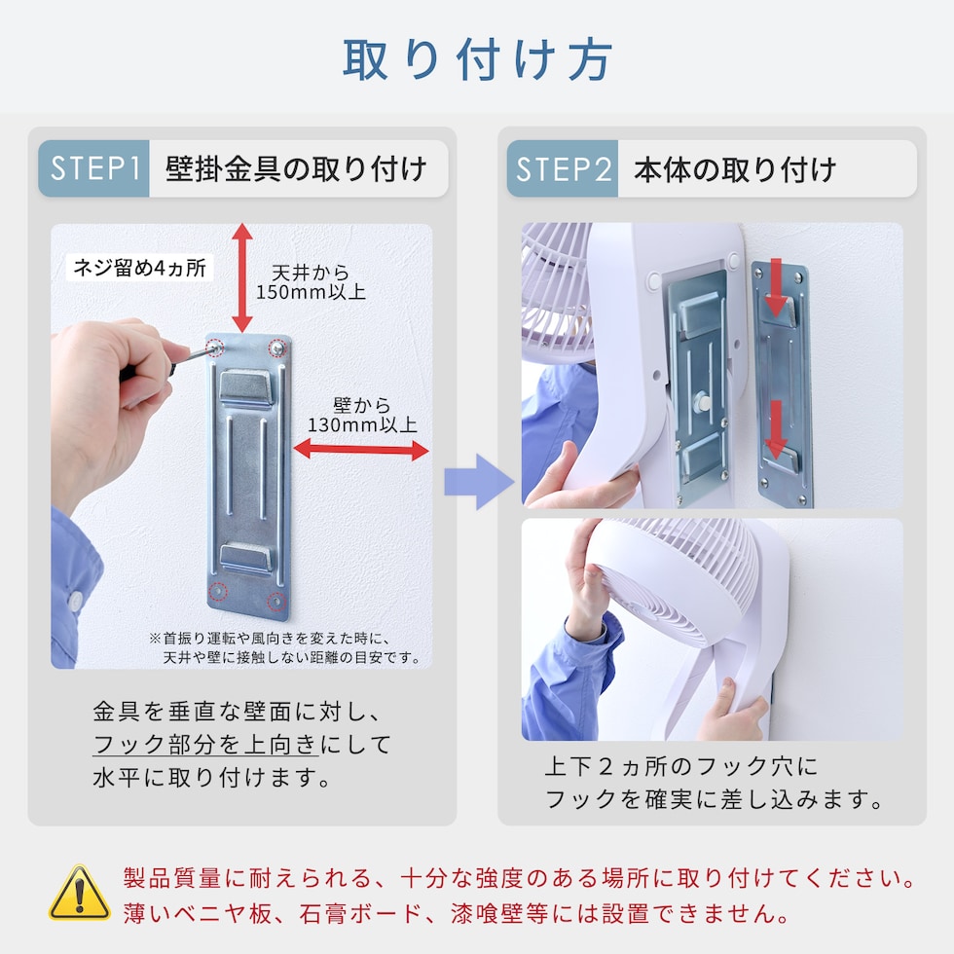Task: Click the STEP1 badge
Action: click(x=93, y=168)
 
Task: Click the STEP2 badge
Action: click(x=563, y=168)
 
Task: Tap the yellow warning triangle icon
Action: click(x=80, y=893)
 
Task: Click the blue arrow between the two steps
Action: click(x=479, y=482)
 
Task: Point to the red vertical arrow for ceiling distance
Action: click(x=242, y=278)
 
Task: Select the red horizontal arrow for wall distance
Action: click(x=361, y=450)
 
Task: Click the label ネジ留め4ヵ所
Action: click(x=139, y=268)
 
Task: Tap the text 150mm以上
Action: click(x=311, y=293)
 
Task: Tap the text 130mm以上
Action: click(x=362, y=424)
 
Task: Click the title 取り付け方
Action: click(x=477, y=59)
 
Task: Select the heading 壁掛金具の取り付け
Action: click(x=296, y=168)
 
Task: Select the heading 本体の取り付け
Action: click(x=735, y=169)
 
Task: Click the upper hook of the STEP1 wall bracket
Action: click(x=245, y=388)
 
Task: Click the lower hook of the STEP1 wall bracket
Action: click(x=245, y=557)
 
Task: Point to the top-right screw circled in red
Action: click(x=277, y=349)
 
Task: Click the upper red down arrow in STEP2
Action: click(x=776, y=287)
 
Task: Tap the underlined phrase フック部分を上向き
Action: click(x=205, y=744)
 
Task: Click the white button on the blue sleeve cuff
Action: click(x=75, y=601)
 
